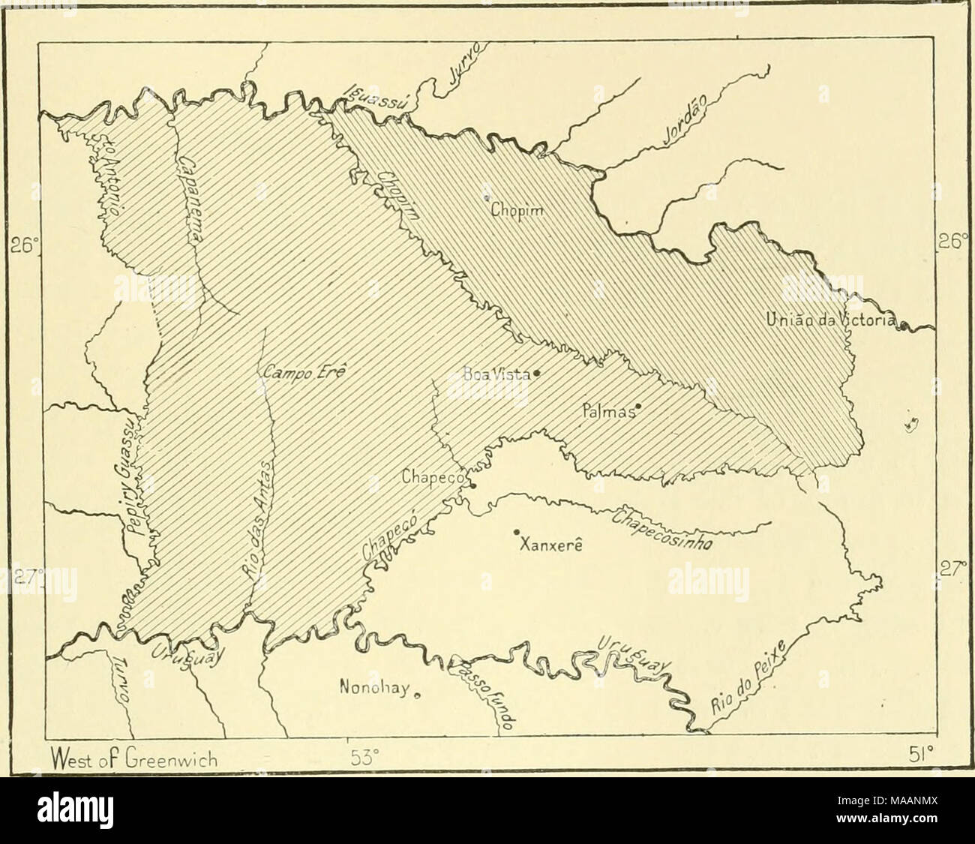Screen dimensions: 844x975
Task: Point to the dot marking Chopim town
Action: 485,198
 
